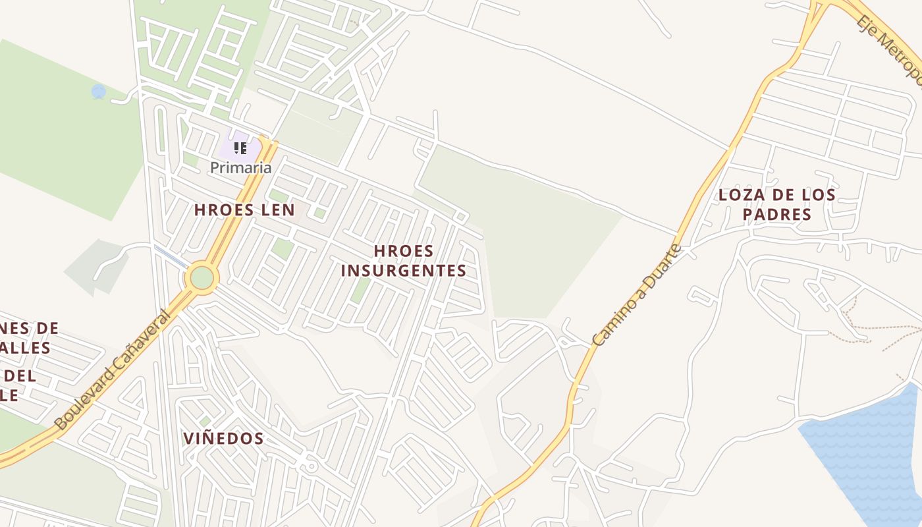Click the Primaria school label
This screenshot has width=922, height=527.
point(240,167)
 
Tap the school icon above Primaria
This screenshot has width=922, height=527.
point(240,148)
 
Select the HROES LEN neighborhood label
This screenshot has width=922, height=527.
point(244,209)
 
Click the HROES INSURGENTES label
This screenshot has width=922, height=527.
point(404,261)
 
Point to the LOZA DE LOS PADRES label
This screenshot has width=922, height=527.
point(776,204)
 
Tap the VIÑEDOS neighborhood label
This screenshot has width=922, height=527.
point(223,438)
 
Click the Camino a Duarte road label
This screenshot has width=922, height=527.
point(637,294)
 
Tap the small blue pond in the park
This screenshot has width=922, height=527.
point(99,92)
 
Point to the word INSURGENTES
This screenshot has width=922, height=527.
point(404,271)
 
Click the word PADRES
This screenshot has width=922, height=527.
point(776,214)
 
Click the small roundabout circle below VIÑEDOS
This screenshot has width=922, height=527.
point(312,466)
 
